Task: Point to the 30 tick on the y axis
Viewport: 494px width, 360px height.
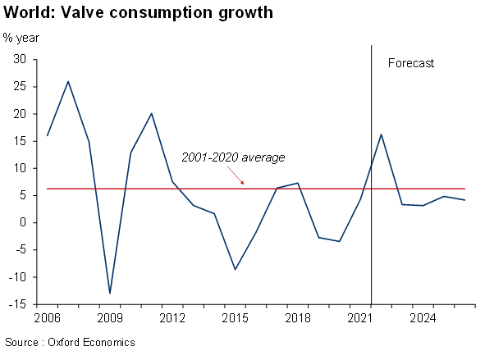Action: tap(21, 60)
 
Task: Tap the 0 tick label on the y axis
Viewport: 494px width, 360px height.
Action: tap(24, 223)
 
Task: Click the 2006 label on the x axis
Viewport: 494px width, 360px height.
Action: tap(47, 317)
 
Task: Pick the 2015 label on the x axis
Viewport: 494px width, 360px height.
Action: tap(235, 317)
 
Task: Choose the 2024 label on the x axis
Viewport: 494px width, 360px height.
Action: tap(423, 317)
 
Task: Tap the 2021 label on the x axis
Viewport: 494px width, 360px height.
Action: tap(360, 317)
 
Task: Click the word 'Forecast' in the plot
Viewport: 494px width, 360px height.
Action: tap(410, 63)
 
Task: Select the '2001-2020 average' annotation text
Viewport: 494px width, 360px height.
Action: tap(233, 157)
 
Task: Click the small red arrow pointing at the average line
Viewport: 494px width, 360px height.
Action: tap(239, 175)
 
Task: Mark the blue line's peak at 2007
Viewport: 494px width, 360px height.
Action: tap(68, 81)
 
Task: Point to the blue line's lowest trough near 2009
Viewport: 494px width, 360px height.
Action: tap(110, 293)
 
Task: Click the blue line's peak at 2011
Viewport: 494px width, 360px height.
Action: tap(152, 113)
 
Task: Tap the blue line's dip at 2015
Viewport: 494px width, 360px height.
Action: tap(236, 270)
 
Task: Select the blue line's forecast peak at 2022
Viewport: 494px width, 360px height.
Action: tap(382, 134)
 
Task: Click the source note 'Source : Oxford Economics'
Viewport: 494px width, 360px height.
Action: tap(70, 342)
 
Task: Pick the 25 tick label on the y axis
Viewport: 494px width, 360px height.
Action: tap(21, 87)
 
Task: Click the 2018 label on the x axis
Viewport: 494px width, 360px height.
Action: tap(297, 317)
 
